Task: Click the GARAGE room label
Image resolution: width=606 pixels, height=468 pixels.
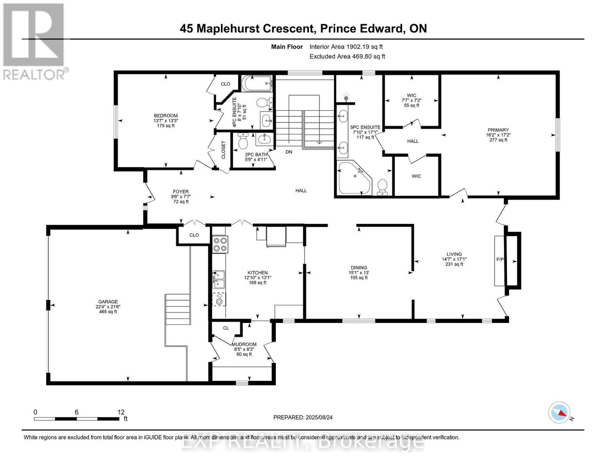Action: tap(108, 302)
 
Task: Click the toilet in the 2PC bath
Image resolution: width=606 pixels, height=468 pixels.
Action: tap(243, 142)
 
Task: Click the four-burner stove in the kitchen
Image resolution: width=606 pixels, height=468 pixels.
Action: tap(220, 244)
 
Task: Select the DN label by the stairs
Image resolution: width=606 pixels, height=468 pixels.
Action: tap(289, 152)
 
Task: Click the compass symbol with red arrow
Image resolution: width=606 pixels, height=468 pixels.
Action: tap(559, 413)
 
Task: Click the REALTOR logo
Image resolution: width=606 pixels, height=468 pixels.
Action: tap(34, 41)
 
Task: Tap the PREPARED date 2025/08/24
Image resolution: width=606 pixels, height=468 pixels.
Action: tap(303, 417)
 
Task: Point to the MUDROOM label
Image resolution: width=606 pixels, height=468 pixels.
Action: tap(244, 344)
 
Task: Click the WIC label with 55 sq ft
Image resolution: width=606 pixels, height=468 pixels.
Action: tap(411, 96)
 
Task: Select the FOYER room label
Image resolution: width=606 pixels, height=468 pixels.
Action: tap(181, 192)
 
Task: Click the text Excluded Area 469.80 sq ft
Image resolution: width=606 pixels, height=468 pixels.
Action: tap(347, 57)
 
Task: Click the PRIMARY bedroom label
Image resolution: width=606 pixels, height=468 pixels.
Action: tap(498, 130)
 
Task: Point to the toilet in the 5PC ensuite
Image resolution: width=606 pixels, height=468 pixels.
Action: tap(382, 187)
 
